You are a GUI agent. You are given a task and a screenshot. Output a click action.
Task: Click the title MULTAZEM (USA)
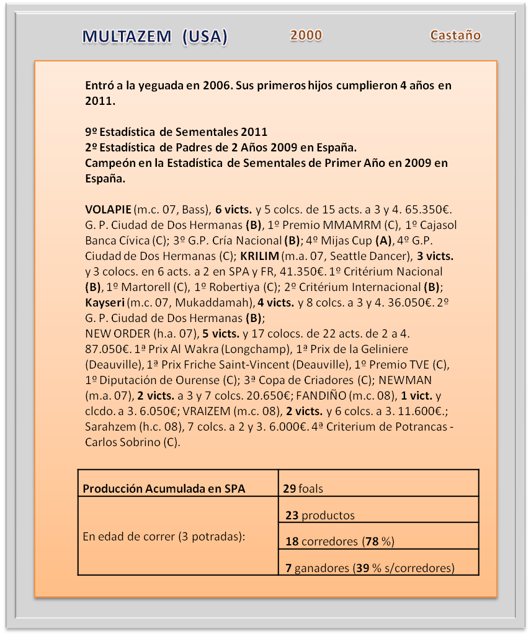click(155, 37)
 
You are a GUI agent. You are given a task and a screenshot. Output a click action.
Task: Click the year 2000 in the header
click(306, 35)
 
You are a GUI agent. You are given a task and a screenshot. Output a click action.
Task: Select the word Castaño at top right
click(455, 35)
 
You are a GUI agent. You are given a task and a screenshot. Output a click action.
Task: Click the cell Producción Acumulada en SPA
click(164, 488)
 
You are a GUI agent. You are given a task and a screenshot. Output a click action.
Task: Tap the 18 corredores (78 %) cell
click(340, 541)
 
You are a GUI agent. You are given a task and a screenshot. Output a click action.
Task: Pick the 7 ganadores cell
click(369, 567)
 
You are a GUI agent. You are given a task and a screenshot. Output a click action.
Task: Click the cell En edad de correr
click(164, 536)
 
